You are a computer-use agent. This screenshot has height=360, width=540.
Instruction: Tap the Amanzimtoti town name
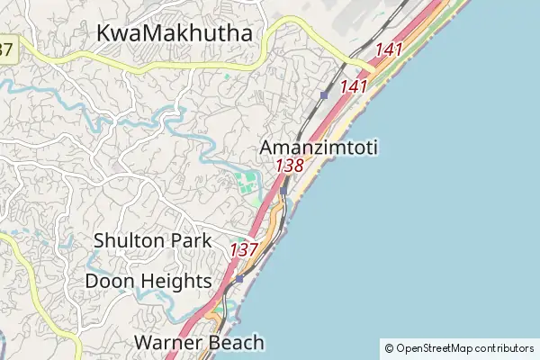pyautogui.click(x=319, y=147)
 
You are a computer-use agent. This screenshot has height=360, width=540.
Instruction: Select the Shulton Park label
pyautogui.click(x=153, y=240)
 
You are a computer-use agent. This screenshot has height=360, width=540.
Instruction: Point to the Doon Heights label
pyautogui.click(x=148, y=281)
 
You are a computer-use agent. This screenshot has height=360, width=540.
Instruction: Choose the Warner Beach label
pyautogui.click(x=199, y=342)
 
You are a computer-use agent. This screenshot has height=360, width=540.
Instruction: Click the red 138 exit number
pyautogui.click(x=290, y=166)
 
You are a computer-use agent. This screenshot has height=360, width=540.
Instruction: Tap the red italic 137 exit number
pyautogui.click(x=245, y=249)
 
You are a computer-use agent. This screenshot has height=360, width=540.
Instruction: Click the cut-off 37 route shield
pyautogui.click(x=6, y=49)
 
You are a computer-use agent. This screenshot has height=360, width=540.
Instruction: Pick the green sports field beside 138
pyautogui.click(x=247, y=183)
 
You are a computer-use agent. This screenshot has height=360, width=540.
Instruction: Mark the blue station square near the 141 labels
pyautogui.click(x=323, y=94)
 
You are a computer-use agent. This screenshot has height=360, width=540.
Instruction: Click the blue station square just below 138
pyautogui.click(x=283, y=190)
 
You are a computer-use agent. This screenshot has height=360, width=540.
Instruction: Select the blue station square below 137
pyautogui.click(x=239, y=278)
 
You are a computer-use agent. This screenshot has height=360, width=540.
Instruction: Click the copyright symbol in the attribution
pyautogui.click(x=389, y=348)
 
